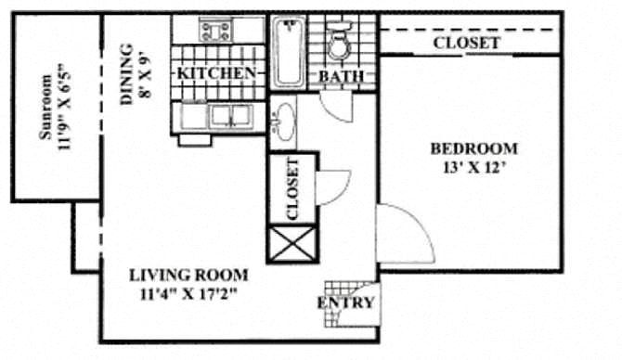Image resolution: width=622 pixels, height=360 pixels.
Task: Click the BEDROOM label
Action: pos(474,149)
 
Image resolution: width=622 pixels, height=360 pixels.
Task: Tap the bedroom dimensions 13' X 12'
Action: pos(475,168)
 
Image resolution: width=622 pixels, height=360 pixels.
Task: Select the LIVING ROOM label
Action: pos(188,276)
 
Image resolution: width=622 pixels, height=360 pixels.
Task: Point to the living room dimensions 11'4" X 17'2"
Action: pos(188,294)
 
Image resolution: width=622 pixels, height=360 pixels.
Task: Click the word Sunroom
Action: pos(45,107)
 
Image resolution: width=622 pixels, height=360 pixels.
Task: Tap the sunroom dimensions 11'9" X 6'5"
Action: pos(64,107)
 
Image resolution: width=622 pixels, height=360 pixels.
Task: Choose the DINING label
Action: pos(126,74)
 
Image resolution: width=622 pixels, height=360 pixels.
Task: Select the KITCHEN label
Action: pos(216,73)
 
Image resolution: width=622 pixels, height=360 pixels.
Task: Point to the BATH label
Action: pos(342,76)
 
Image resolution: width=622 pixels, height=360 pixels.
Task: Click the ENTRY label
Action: pos(345,302)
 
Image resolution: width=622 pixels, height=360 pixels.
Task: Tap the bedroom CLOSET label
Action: pos(466,43)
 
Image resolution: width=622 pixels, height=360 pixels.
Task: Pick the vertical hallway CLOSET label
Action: pos(292,189)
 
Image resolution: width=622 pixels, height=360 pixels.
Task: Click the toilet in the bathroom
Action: pos(339,41)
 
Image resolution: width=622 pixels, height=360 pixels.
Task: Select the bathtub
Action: pos(289,52)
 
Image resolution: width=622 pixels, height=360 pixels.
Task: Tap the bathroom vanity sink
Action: pos(284,122)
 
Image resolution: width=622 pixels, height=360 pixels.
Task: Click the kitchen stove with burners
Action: pos(215,32)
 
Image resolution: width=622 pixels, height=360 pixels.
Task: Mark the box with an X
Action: pos(292,244)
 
